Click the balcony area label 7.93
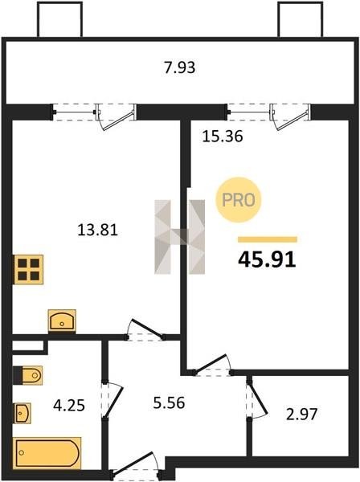coord(179,67)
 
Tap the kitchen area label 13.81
coord(97,230)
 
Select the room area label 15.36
coord(223,137)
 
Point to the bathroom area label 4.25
coord(69,406)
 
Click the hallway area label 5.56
coord(169,402)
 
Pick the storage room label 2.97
coord(301,414)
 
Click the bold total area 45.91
coord(267,259)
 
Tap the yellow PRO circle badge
coord(238,200)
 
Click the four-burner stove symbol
coord(28,269)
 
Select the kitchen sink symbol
coord(62,321)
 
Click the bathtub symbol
coord(47,453)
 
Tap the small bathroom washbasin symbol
coord(22,413)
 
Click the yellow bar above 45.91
coord(268,239)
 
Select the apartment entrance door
coord(135,465)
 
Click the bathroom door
coord(112,400)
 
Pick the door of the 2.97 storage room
coord(257,399)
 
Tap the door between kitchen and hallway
coord(145,330)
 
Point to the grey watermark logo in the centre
coord(179,237)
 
